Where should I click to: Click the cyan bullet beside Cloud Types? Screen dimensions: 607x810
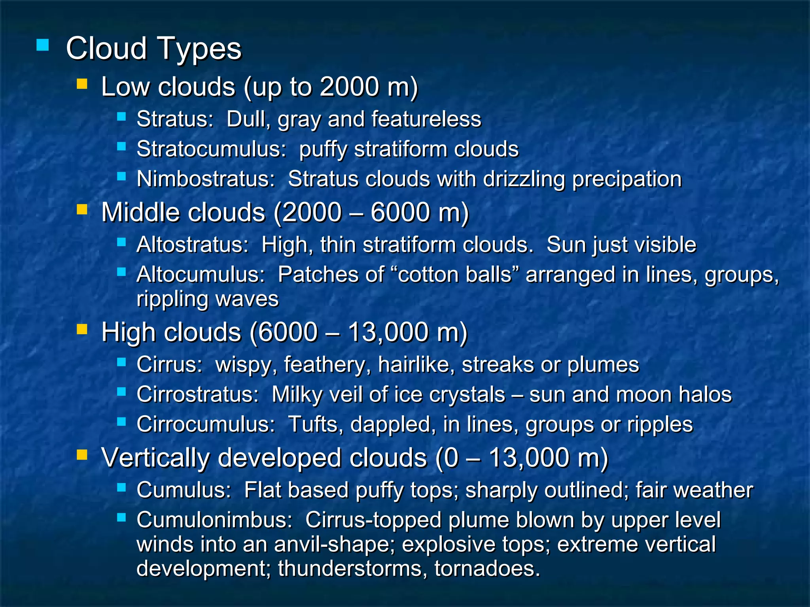pos(42,45)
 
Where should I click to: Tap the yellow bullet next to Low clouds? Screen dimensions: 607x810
pos(82,84)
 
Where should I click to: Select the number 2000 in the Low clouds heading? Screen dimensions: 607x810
pos(350,87)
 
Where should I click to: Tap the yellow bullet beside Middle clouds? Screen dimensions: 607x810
pos(82,209)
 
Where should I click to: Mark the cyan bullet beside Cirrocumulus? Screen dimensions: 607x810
pos(121,422)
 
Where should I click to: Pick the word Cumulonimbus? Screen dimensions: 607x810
pos(214,520)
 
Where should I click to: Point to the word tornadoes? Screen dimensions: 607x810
pos(487,569)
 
